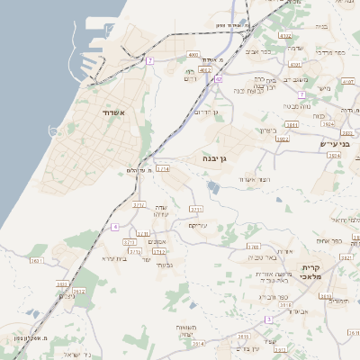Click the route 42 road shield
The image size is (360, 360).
click(218, 79)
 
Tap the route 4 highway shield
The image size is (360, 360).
click(115, 227)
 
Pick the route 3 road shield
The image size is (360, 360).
click(268, 319)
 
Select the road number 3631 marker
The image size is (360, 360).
click(37, 261)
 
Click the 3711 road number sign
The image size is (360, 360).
click(196, 209)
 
